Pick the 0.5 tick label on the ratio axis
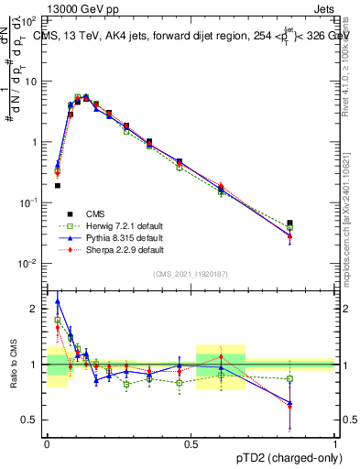pyautogui.click(x=31, y=420)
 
